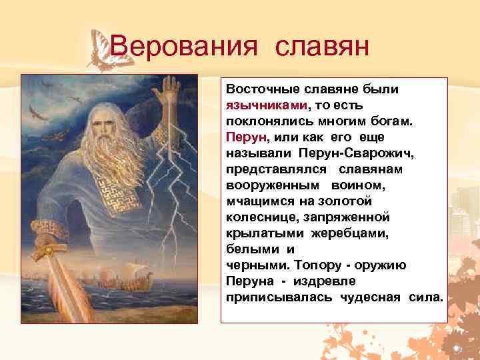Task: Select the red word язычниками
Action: point(267,105)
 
